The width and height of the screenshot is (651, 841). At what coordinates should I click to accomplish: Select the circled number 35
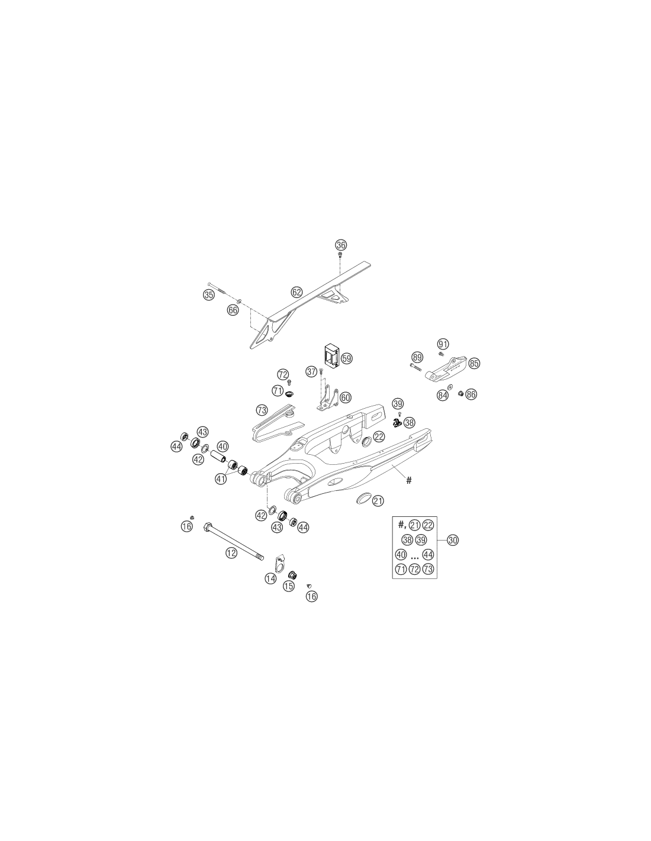(208, 295)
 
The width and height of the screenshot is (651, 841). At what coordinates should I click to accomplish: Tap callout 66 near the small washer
(233, 310)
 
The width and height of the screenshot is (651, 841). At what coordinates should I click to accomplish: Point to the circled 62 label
(297, 292)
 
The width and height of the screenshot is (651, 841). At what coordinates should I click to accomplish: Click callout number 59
(347, 358)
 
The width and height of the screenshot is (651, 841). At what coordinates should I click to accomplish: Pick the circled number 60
(345, 397)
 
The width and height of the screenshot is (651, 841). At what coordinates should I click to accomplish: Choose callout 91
(443, 344)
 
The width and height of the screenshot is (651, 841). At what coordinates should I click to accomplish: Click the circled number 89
(417, 357)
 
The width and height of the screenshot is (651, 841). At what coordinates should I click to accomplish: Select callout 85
(474, 363)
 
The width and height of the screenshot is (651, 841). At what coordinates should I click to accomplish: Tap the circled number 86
(471, 394)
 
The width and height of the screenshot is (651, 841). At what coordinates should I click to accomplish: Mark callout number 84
(443, 395)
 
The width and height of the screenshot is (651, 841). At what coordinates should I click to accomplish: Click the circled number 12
(231, 552)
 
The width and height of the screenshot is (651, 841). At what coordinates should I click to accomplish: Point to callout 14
(270, 578)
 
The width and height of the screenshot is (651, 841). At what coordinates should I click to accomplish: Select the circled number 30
(452, 540)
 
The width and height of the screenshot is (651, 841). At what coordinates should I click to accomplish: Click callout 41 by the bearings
(221, 478)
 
